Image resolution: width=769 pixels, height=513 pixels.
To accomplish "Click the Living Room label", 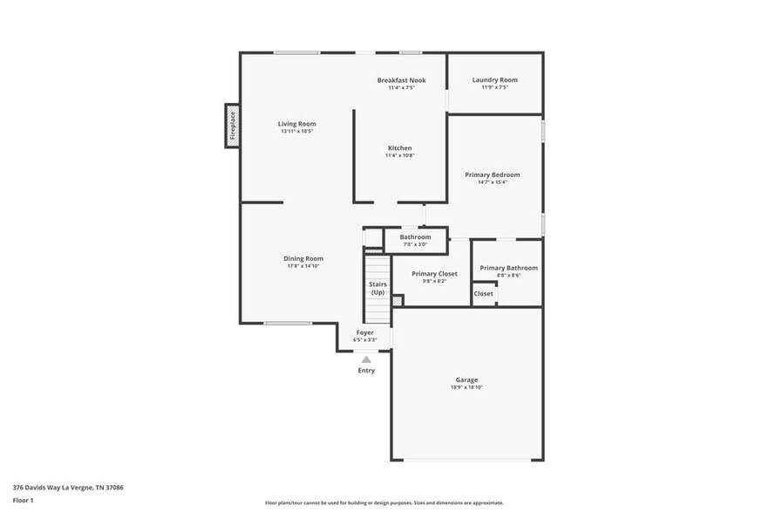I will point(296,124).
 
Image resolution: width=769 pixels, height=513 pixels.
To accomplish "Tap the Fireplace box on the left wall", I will point(233,126).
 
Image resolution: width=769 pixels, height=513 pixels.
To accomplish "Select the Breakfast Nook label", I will point(401,80).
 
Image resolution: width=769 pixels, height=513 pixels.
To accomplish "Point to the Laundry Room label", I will point(494,80).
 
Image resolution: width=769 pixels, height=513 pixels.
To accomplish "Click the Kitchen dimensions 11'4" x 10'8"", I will point(400,155).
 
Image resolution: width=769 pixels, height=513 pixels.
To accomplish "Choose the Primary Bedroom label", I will point(492,174).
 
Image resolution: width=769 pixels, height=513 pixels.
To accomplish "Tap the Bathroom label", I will point(415,237).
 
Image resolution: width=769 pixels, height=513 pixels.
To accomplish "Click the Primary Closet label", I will point(434,274).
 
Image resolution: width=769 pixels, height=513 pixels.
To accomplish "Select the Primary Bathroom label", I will point(508,268).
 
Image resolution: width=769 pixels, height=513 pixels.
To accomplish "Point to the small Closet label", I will point(483,294).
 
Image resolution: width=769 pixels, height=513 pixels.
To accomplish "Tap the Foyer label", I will point(365,332).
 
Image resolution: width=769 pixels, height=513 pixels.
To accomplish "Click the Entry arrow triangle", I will point(366,359).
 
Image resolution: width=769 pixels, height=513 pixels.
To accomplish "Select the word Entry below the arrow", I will point(366,371).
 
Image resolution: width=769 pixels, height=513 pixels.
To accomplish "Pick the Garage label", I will point(466,380).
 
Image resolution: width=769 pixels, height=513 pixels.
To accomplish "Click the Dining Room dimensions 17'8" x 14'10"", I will point(303,265).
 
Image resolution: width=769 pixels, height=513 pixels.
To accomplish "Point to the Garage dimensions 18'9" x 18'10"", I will point(466,387).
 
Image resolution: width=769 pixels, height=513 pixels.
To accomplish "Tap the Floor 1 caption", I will point(23,500).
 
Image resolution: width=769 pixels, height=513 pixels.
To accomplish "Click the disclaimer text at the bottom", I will point(384,503).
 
